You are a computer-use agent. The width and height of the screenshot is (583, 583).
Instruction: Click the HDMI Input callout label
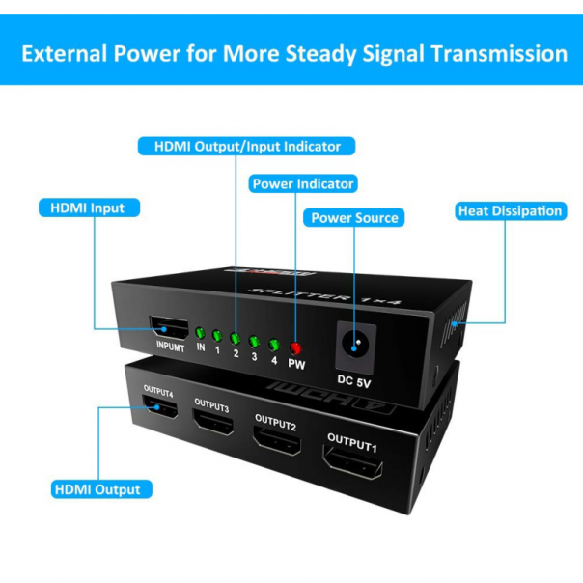click(88, 208)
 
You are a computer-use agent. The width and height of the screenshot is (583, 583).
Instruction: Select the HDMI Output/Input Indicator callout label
click(247, 147)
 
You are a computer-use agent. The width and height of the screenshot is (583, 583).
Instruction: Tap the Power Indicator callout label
click(302, 182)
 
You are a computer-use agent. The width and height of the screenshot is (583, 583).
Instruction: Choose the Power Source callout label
click(354, 218)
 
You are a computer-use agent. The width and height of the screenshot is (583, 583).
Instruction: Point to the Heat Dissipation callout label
click(510, 210)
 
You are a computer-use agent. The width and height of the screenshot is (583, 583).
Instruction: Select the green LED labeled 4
click(274, 344)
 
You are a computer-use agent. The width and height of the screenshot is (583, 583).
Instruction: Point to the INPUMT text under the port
click(168, 347)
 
